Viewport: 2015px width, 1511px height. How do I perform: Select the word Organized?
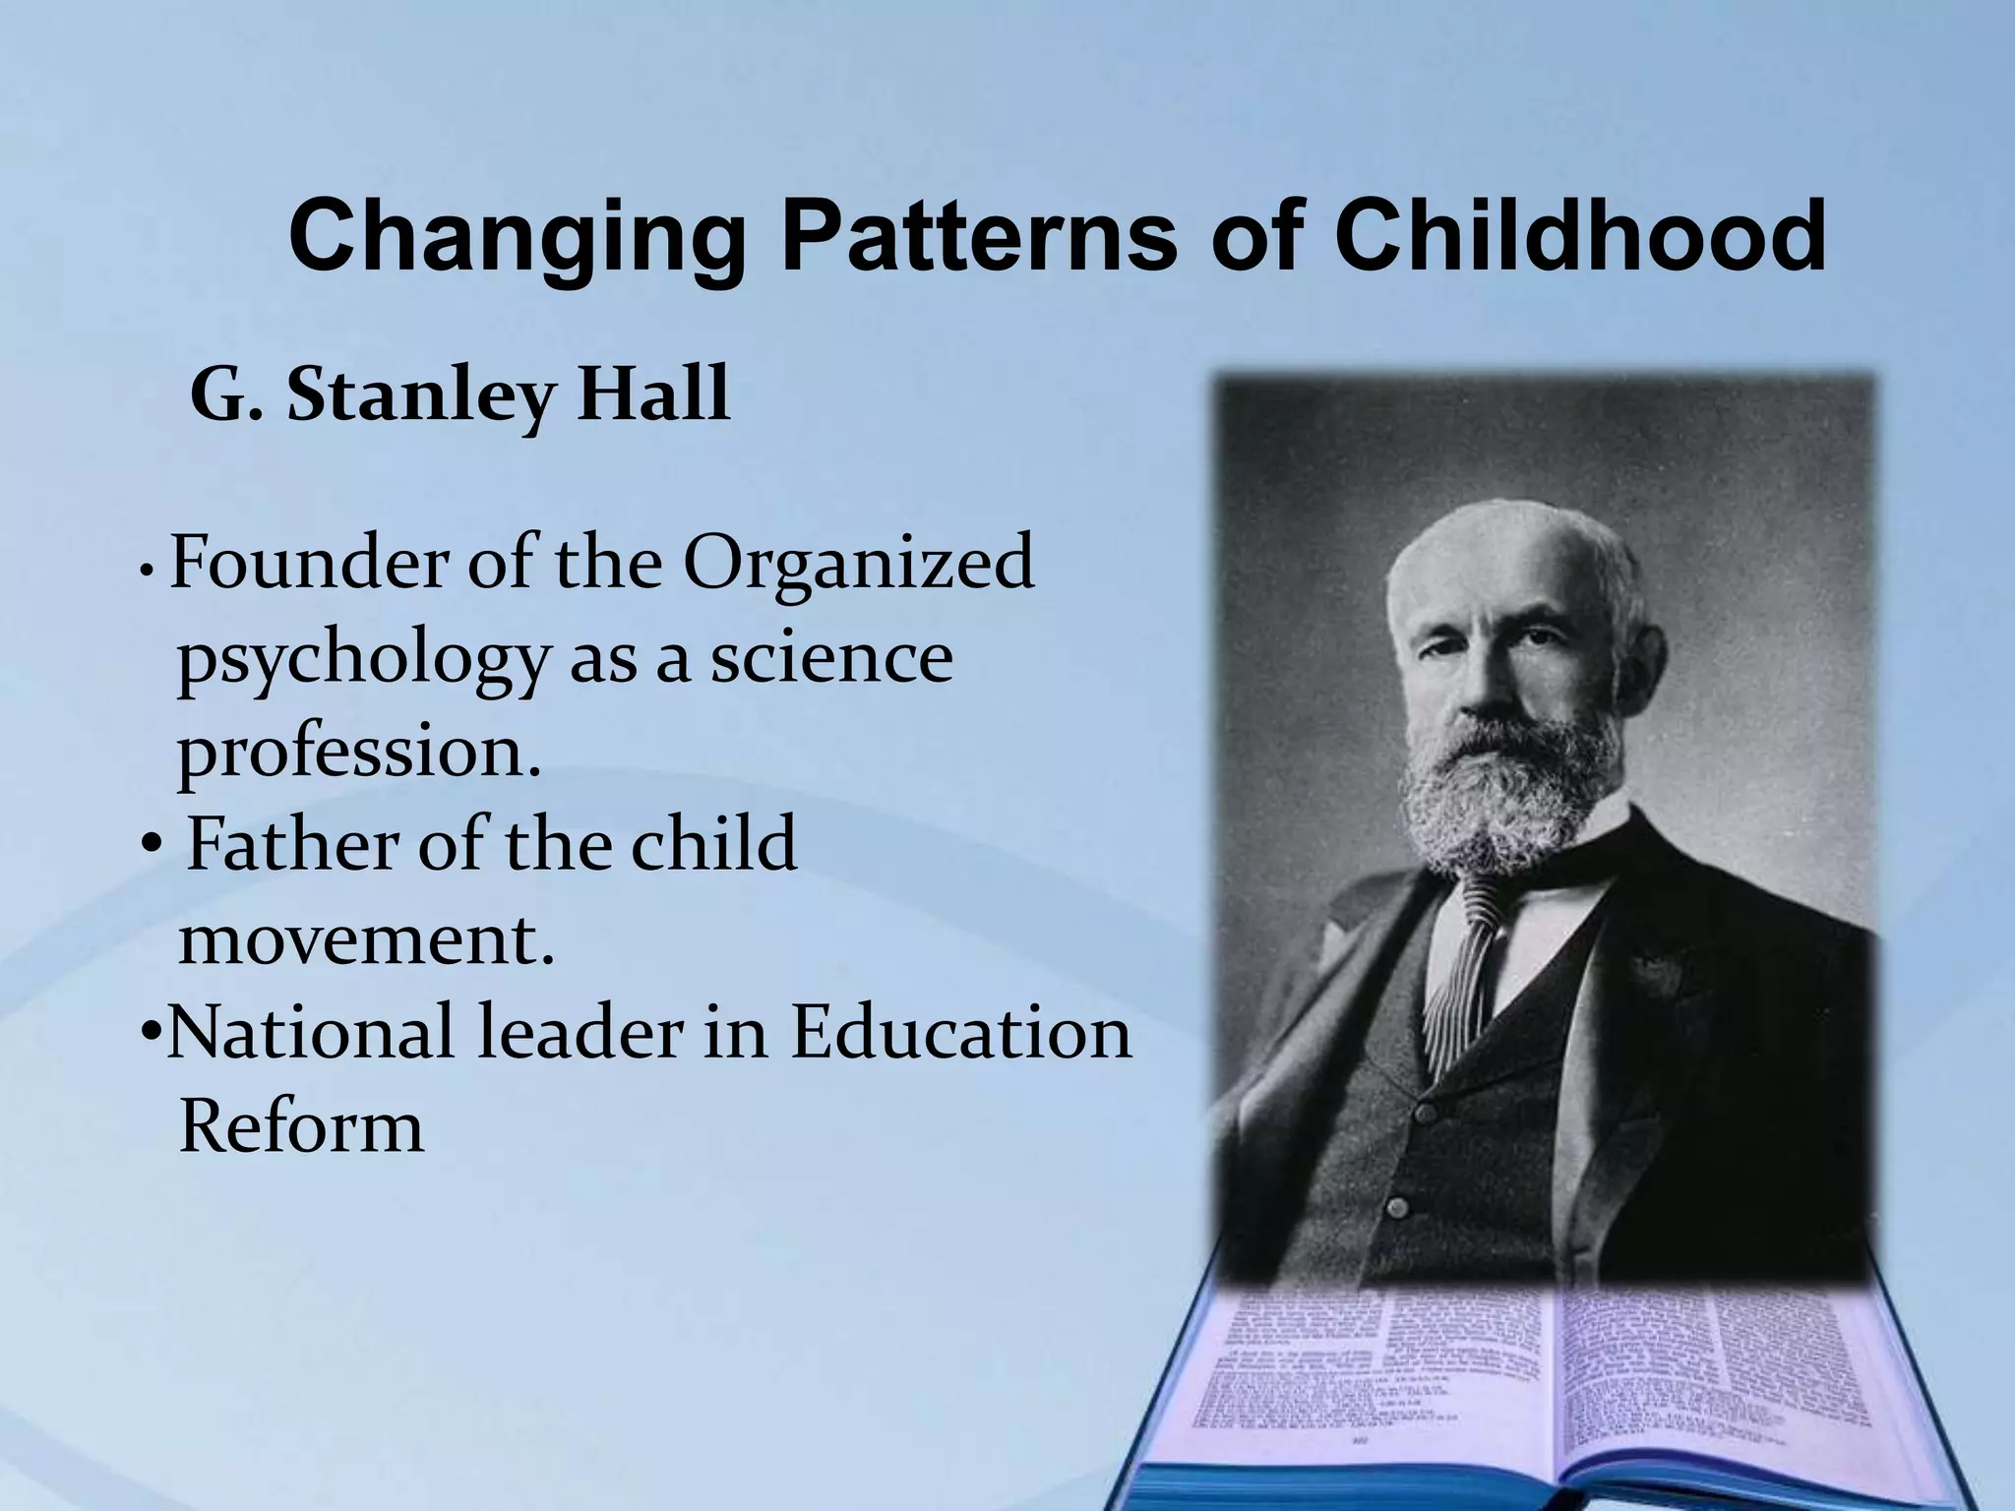pyautogui.click(x=858, y=567)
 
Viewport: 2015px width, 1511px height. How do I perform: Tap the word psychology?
pyautogui.click(x=360, y=661)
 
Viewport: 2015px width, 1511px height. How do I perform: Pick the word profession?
pyautogui.click(x=359, y=755)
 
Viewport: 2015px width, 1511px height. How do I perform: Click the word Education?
pyautogui.click(x=961, y=1032)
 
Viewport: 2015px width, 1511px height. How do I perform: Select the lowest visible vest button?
pyautogui.click(x=1395, y=1206)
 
